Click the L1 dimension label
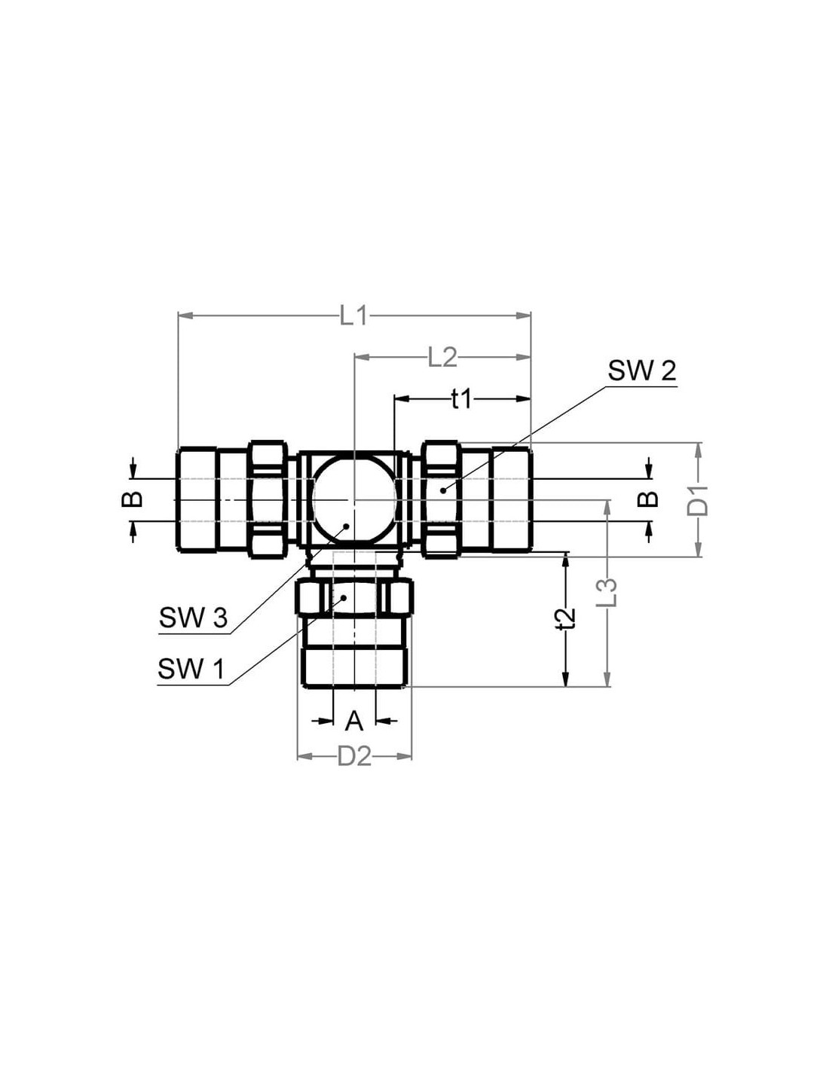coord(353,316)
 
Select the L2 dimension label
coord(442,359)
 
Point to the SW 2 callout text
coord(641,371)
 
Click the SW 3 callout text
coord(194,618)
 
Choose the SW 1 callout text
coord(191,669)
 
